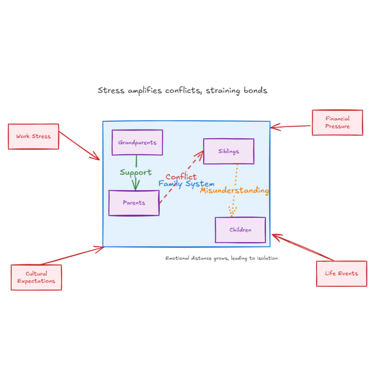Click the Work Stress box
(33, 136)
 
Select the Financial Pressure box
(337, 122)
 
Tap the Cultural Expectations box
(36, 277)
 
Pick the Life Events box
(341, 273)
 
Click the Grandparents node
(137, 142)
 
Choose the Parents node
(134, 203)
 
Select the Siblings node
(229, 151)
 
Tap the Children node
(240, 230)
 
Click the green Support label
(135, 172)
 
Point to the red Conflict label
(181, 177)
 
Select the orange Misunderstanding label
(234, 190)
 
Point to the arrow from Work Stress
(79, 145)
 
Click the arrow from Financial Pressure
(291, 127)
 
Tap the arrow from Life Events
(303, 248)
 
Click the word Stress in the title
(111, 90)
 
